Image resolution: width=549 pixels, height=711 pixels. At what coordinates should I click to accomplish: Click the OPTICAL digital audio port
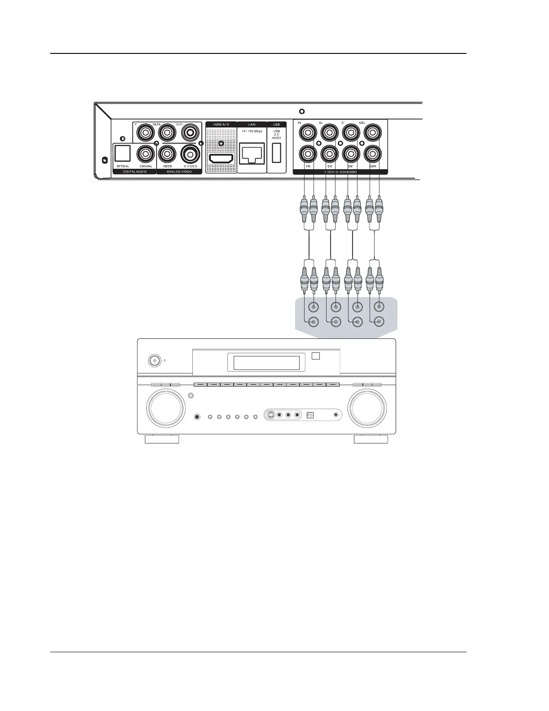coord(122,154)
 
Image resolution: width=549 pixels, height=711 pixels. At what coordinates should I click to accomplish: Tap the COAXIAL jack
coord(145,154)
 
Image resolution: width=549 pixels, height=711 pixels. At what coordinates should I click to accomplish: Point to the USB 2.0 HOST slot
coord(276,153)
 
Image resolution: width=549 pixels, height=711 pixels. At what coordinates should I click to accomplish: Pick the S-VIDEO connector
coord(190,154)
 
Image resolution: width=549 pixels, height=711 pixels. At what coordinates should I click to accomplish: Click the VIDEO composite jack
coord(167,154)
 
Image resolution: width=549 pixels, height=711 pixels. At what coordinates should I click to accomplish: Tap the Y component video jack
coord(145,132)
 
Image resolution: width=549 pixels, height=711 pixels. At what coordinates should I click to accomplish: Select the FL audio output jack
coord(308,132)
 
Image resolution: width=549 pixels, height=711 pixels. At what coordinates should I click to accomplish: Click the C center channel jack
coord(351,132)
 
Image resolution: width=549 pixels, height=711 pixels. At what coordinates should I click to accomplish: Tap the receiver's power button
coord(155,360)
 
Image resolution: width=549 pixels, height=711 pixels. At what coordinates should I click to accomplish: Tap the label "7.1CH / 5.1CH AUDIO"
coord(340,171)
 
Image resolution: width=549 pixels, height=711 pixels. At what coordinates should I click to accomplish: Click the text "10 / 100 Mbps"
coord(252,131)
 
